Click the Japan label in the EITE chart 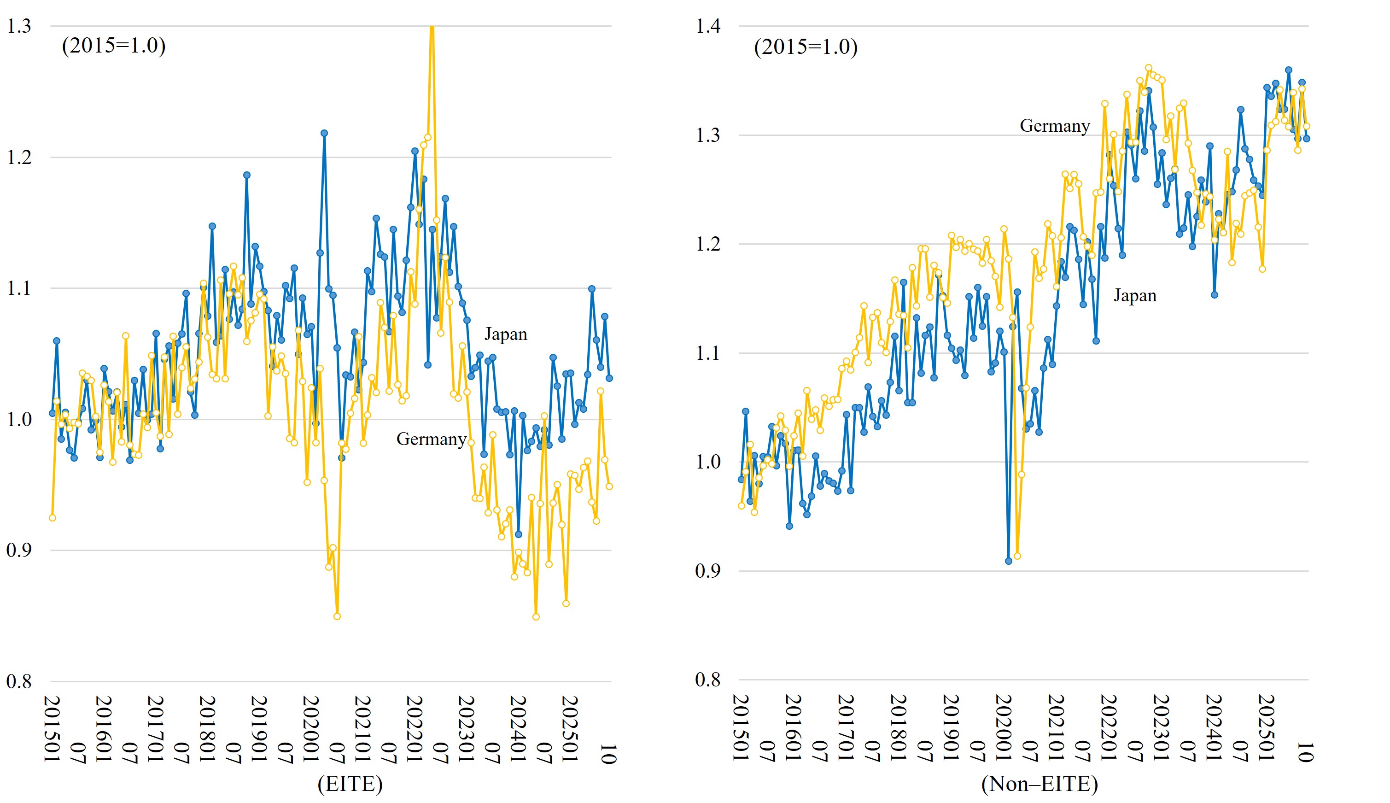[x=506, y=334]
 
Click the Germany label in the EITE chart [x=431, y=439]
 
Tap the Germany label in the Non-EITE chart [x=1054, y=126]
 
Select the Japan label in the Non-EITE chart [x=1135, y=296]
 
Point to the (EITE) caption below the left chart [x=350, y=784]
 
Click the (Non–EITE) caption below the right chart [x=1040, y=784]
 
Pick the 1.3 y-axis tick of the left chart [x=19, y=26]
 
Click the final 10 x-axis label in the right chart [x=1305, y=752]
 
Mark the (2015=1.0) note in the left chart [x=114, y=45]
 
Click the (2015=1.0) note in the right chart [x=806, y=47]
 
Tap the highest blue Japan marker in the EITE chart [x=324, y=134]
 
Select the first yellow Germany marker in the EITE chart [x=53, y=518]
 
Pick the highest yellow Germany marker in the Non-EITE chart [x=1149, y=68]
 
